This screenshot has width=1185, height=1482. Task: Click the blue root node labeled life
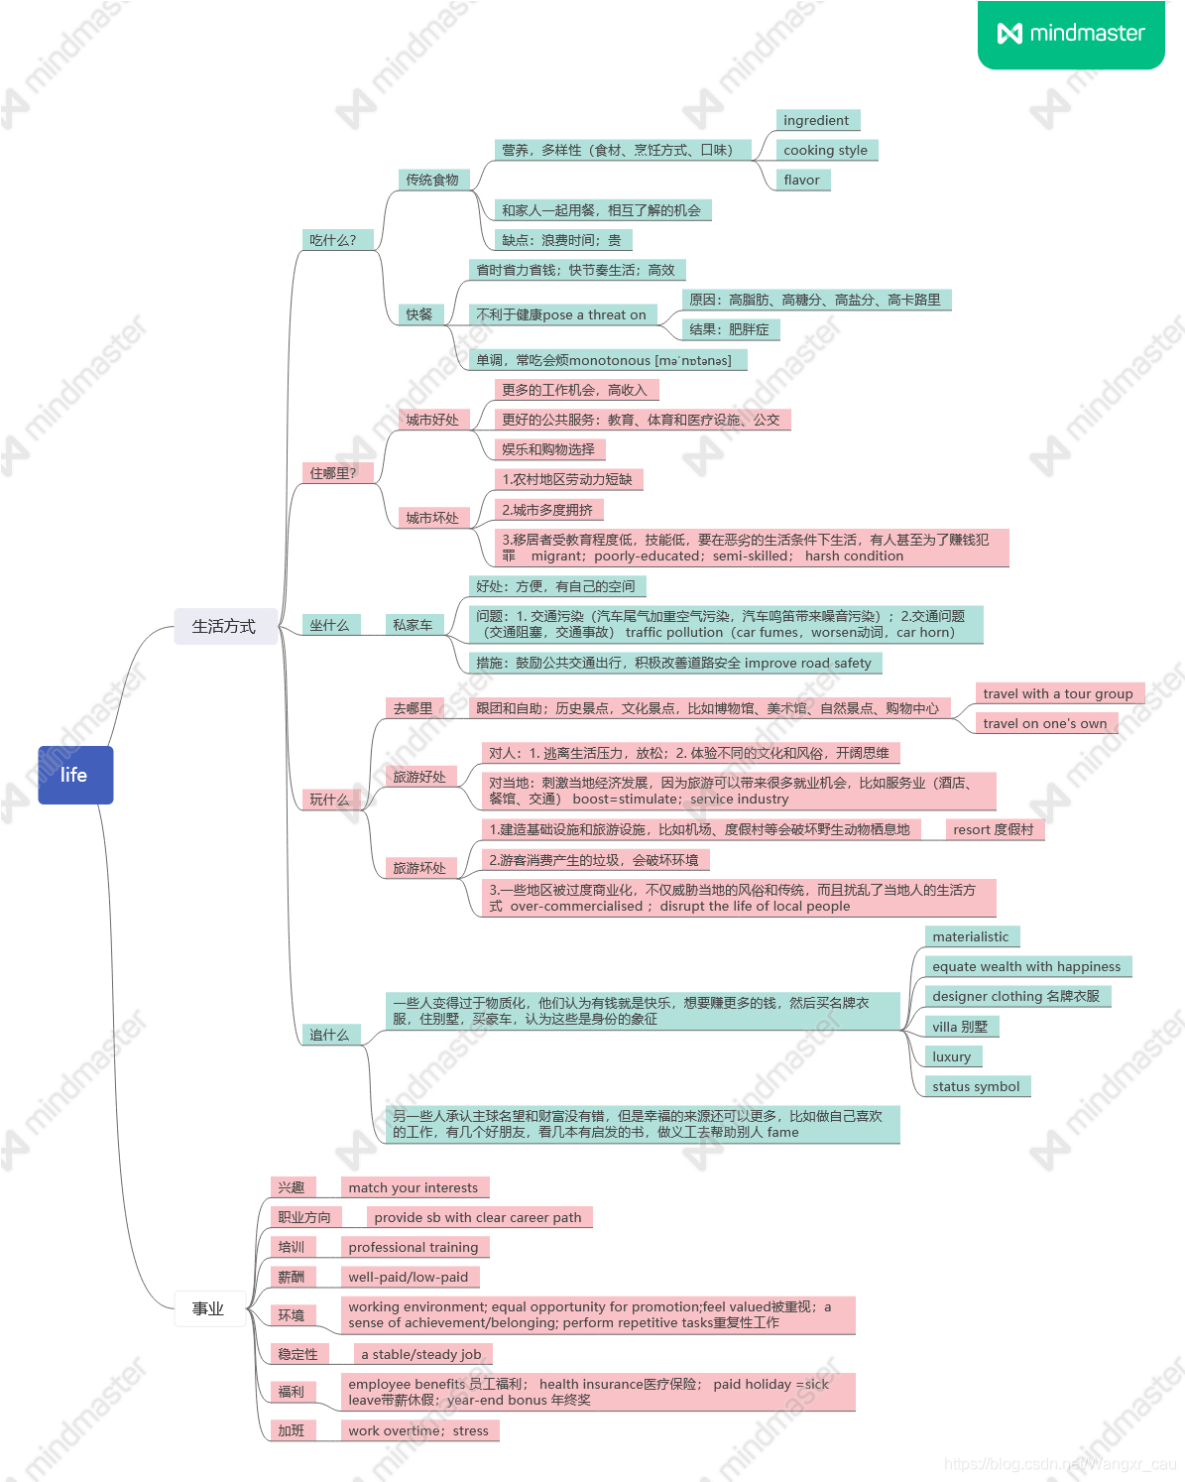coord(75,775)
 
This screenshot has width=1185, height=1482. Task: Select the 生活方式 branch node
coord(224,626)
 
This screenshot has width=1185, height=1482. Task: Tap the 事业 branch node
coord(208,1308)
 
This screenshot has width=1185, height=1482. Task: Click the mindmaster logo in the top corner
coord(1071,34)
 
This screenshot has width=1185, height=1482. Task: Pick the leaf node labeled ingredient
coord(816,120)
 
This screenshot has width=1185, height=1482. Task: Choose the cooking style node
coord(825,150)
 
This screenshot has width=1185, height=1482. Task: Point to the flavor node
coord(801,180)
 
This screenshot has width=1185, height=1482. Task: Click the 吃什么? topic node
coord(333,240)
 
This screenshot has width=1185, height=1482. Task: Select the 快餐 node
coord(418,314)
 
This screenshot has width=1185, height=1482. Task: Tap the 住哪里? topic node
coord(333,473)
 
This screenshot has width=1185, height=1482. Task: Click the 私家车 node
coord(413,625)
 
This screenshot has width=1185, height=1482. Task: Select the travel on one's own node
coord(1044,723)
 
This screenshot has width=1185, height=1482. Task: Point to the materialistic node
coord(970,936)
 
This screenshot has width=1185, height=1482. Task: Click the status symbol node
coord(976,1086)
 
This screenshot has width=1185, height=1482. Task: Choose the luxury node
coord(952,1056)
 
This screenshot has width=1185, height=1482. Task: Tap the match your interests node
coord(413,1187)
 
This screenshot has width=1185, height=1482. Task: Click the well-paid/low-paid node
coord(408,1277)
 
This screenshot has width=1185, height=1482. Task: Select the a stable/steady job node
coord(420,1354)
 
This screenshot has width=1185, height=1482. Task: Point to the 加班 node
coord(292,1430)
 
